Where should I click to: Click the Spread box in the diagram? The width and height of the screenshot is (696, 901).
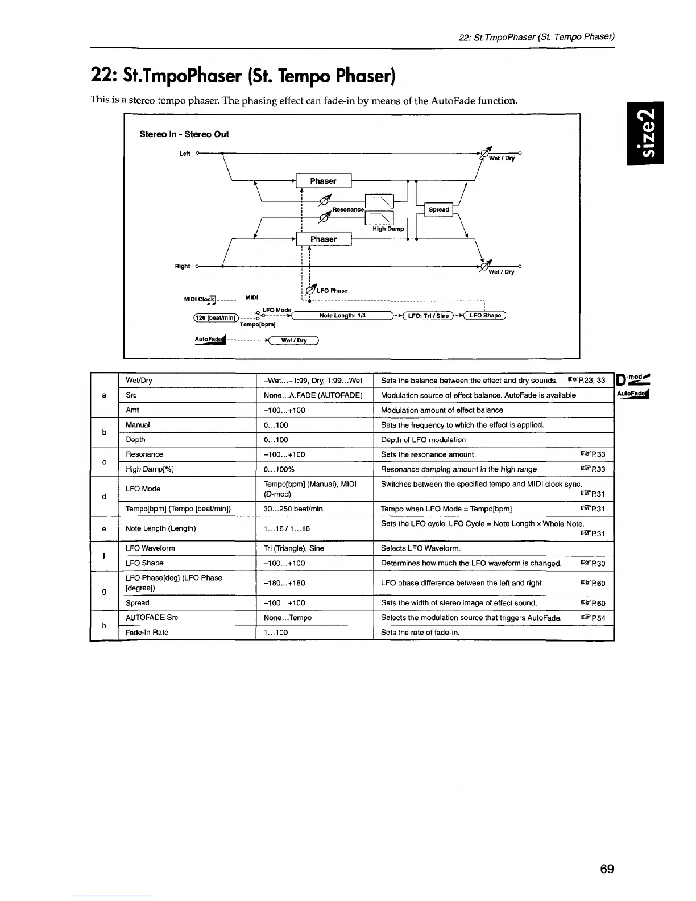(x=438, y=209)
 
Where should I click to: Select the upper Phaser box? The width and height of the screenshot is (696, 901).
(x=323, y=181)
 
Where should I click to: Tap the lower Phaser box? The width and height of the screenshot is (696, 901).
(x=323, y=239)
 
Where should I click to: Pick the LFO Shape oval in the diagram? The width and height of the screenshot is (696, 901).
(x=485, y=316)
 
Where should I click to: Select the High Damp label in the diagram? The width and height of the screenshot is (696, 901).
(x=388, y=229)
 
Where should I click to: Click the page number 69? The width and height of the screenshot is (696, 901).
(x=607, y=869)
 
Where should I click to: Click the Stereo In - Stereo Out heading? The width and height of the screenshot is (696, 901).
(x=184, y=134)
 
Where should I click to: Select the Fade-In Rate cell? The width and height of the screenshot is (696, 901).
(x=147, y=633)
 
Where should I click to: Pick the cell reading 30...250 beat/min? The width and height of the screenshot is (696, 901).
(x=293, y=509)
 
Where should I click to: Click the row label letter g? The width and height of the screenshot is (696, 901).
(x=103, y=592)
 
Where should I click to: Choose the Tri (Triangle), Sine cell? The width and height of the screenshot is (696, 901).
(x=294, y=548)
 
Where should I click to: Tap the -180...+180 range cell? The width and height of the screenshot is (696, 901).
(x=284, y=583)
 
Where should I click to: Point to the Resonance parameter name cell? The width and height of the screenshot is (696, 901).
(x=144, y=454)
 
